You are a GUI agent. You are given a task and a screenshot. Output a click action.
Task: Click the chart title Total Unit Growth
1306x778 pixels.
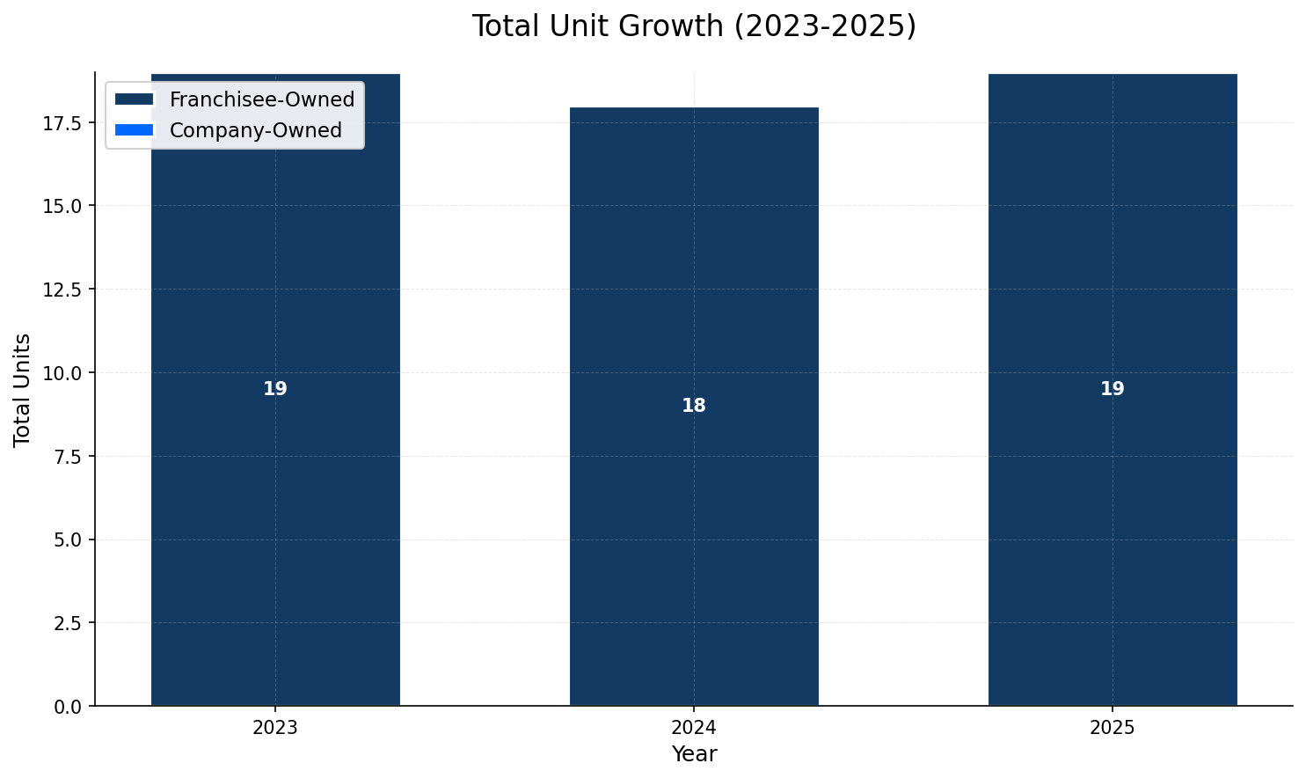(x=693, y=26)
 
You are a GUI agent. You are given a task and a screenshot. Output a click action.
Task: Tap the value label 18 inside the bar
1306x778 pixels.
(x=693, y=406)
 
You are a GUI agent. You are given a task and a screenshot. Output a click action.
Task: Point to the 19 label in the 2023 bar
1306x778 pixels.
(x=275, y=389)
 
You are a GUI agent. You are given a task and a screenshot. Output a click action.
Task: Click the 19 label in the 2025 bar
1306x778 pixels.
(x=1112, y=389)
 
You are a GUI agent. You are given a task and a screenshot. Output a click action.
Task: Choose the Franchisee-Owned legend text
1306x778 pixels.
(x=261, y=99)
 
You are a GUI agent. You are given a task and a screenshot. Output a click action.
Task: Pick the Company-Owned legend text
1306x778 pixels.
(x=255, y=130)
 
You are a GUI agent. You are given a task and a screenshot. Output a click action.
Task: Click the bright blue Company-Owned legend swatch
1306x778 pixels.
(x=134, y=130)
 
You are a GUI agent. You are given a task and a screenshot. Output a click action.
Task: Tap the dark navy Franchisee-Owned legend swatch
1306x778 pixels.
(x=134, y=99)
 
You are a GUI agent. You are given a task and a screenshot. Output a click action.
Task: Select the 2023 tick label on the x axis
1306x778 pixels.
(x=275, y=729)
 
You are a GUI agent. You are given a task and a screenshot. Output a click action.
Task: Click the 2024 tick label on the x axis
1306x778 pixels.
(x=693, y=729)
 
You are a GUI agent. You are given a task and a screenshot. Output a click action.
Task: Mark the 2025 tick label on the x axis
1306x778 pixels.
(x=1112, y=729)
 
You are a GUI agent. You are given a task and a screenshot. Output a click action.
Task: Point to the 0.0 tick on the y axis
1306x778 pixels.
(x=68, y=707)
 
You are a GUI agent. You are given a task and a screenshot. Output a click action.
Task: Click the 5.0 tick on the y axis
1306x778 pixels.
(x=68, y=539)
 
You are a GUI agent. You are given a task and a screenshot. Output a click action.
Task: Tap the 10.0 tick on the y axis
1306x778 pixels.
(x=63, y=373)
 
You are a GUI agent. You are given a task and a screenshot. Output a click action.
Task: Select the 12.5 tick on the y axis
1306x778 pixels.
(x=63, y=290)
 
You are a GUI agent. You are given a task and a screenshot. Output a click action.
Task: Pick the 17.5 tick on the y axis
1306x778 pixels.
(x=63, y=122)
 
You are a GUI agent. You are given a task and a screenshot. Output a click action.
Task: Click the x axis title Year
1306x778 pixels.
(x=693, y=754)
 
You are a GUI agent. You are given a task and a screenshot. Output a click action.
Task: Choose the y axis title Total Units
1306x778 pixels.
(x=23, y=389)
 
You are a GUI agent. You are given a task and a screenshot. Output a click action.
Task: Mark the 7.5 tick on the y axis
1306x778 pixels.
(x=68, y=456)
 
